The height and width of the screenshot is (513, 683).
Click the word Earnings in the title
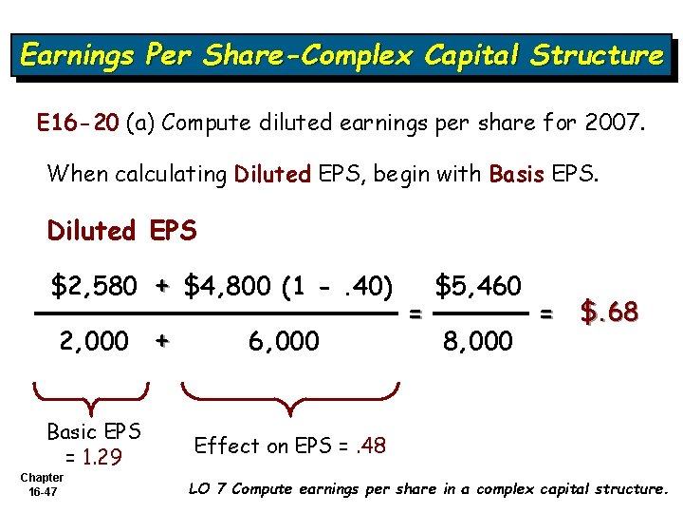pyautogui.click(x=77, y=55)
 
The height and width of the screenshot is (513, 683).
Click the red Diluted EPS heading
pyautogui.click(x=121, y=231)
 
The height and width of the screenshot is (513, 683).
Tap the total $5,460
pyautogui.click(x=478, y=285)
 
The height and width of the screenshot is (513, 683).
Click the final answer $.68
pyautogui.click(x=609, y=311)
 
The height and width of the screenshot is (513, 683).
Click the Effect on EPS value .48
pyautogui.click(x=371, y=445)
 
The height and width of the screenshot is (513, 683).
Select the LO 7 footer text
pyautogui.click(x=428, y=489)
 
